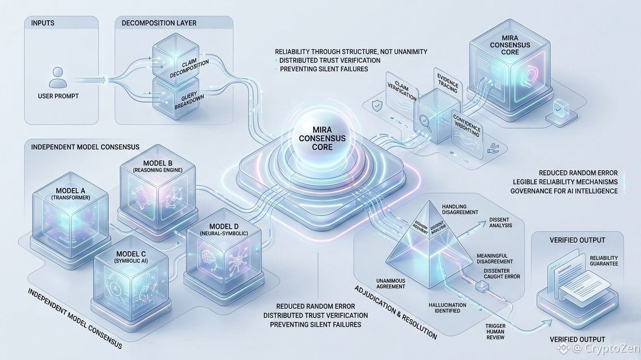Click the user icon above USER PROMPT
point(58,76)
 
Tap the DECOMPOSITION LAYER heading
point(159,23)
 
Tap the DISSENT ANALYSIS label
point(500,223)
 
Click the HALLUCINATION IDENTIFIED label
point(447,307)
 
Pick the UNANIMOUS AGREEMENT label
point(391,284)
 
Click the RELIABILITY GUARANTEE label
point(603,261)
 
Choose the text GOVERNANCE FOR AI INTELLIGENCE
point(564,191)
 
